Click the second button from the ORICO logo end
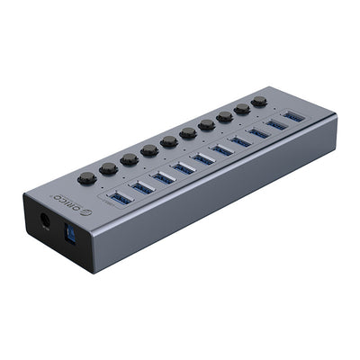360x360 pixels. [x=108, y=167]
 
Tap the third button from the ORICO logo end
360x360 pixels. [x=129, y=158]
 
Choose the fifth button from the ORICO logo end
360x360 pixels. [x=169, y=141]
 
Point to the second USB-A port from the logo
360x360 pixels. [x=141, y=186]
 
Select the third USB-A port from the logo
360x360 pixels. [x=163, y=176]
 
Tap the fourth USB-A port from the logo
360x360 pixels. [x=184, y=167]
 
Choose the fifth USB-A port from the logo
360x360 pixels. [x=203, y=158]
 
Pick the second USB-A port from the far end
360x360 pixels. [x=275, y=125]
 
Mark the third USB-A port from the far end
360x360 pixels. [x=258, y=133]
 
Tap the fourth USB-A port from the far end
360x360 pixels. [x=240, y=141]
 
